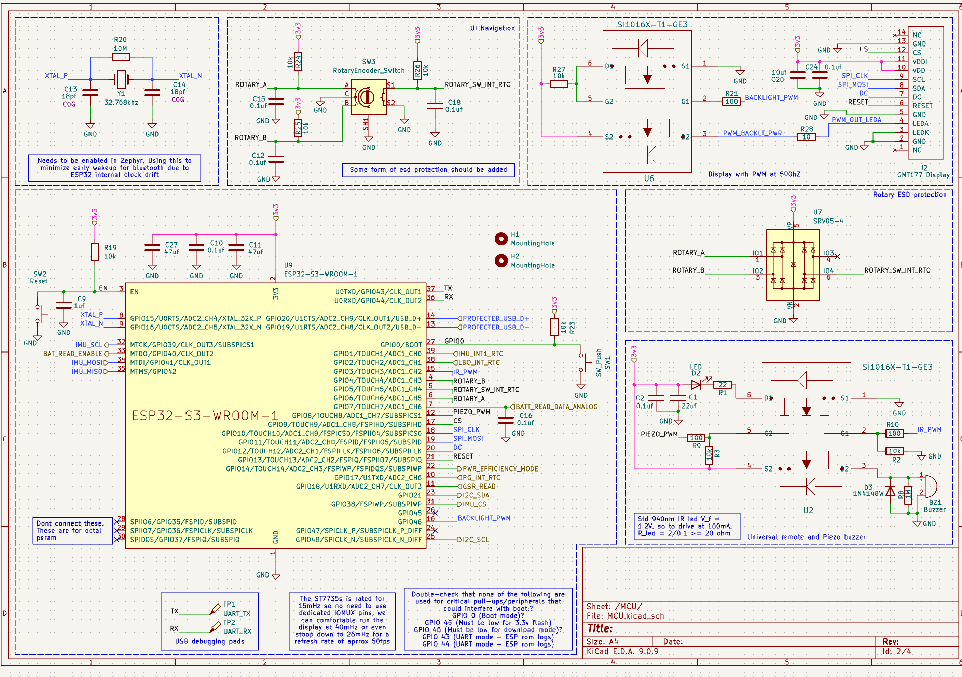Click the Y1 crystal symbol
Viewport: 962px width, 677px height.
[121, 79]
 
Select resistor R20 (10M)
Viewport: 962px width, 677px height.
[121, 57]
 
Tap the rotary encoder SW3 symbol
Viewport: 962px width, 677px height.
[369, 97]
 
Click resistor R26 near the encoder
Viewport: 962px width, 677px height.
[417, 71]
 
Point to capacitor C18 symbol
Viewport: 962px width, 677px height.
[435, 106]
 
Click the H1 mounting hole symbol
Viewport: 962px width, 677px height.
[501, 239]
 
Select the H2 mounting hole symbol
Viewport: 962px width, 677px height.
[501, 261]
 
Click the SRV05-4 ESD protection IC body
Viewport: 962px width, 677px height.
[793, 265]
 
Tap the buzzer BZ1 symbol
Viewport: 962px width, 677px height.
[930, 486]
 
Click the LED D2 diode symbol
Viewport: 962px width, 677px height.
[696, 384]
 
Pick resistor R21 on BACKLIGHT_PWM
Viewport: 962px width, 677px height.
[731, 102]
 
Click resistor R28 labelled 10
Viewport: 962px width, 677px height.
[806, 137]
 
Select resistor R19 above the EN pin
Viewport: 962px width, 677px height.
[95, 252]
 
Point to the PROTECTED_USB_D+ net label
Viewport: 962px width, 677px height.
[496, 318]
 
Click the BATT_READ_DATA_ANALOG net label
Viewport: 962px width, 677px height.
[556, 407]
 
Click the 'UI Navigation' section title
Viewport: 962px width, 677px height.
[492, 28]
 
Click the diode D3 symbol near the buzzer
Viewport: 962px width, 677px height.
[890, 490]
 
